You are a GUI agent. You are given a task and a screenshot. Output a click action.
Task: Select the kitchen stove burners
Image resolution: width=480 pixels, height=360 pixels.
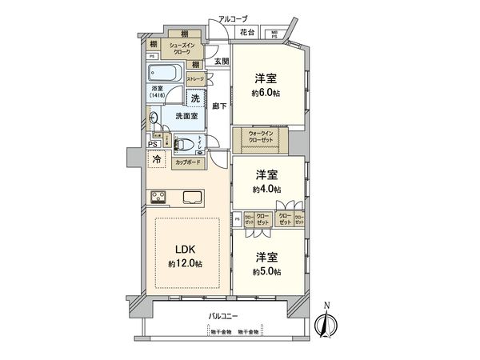pyautogui.click(x=157, y=197)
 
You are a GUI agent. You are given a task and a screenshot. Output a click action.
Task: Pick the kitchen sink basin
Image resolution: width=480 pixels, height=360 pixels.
pyautogui.click(x=192, y=198)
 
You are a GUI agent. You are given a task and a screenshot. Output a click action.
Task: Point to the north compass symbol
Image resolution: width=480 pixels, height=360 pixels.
pyautogui.click(x=326, y=323)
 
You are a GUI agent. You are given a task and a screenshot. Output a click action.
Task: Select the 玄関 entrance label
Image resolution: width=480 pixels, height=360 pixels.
pyautogui.click(x=222, y=62)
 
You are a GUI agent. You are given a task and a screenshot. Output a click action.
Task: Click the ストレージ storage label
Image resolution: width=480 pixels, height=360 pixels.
pyautogui.click(x=196, y=79)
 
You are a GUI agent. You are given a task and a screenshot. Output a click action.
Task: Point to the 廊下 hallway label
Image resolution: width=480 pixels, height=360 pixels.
pyautogui.click(x=217, y=105)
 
